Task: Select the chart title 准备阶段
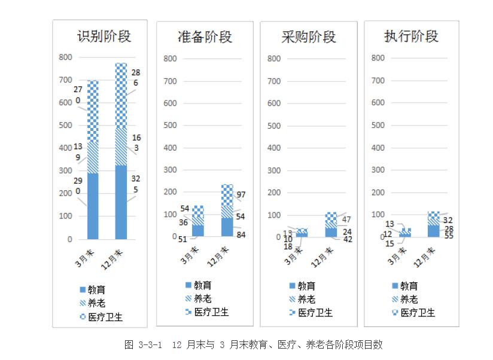pos(205,36)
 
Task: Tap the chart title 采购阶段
pos(308,36)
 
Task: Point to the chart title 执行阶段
pos(411,36)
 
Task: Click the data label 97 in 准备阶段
pos(241,194)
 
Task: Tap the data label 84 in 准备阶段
pos(241,234)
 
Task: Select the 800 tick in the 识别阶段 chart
pos(65,57)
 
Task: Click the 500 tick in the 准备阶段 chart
pos(170,126)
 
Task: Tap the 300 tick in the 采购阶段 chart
pos(275,170)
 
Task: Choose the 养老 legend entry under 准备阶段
pos(199,299)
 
